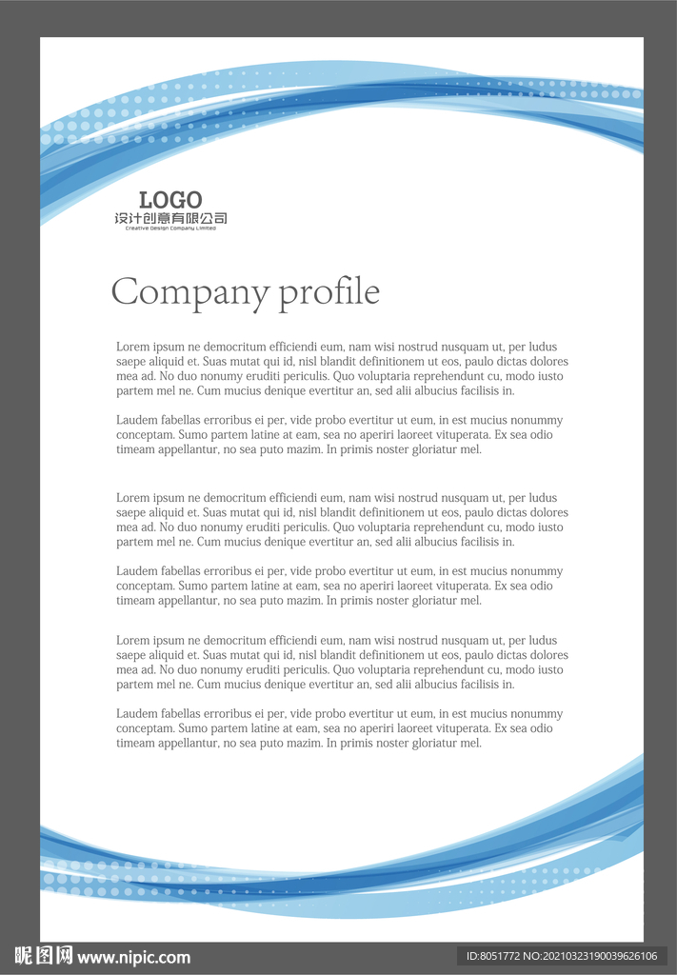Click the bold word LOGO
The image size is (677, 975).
click(x=170, y=200)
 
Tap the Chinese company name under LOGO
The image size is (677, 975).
click(x=170, y=218)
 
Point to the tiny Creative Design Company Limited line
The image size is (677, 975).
click(x=170, y=229)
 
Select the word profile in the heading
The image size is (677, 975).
click(x=329, y=292)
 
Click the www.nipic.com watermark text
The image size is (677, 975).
click(x=133, y=957)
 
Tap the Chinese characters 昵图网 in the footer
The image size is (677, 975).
click(x=44, y=956)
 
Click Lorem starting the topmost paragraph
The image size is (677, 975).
click(x=132, y=347)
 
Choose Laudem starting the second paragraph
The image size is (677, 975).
click(x=135, y=420)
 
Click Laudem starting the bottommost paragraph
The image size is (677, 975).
click(x=135, y=713)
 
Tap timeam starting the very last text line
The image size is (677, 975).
click(x=136, y=743)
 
